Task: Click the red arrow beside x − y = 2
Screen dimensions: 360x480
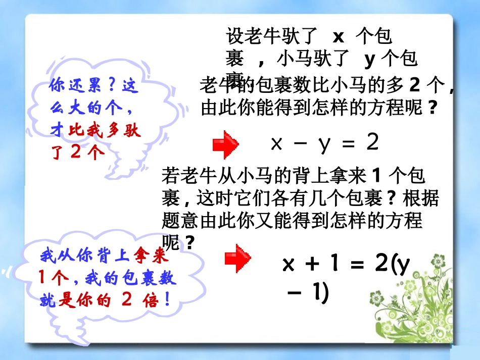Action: (225, 145)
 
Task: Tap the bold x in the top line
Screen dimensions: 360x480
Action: (338, 37)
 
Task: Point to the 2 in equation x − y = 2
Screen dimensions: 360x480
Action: (372, 143)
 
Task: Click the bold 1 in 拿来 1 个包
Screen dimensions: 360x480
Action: (375, 176)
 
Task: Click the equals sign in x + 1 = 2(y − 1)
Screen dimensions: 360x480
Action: (357, 265)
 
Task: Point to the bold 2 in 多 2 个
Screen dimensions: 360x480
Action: (414, 86)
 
